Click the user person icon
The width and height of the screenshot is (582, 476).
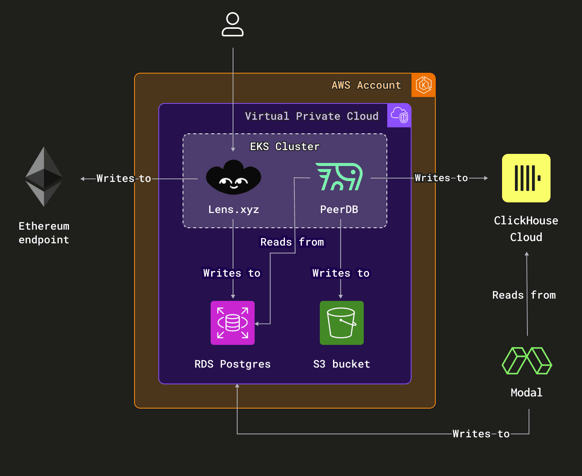coord(233,25)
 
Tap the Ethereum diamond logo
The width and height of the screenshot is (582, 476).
coord(44,177)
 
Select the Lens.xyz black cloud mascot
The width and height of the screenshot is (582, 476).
coord(233,177)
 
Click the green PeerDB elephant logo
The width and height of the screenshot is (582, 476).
coord(339,177)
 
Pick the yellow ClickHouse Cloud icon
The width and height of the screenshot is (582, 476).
coord(526,178)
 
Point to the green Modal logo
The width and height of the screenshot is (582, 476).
coord(527,361)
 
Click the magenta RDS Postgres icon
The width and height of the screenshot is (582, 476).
coord(233,323)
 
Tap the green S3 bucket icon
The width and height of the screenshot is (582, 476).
coord(341,323)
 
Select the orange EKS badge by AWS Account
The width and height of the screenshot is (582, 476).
coord(423,85)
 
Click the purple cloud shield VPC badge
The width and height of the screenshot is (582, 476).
coord(399,115)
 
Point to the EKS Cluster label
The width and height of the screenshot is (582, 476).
coord(285,147)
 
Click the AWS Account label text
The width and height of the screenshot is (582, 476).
coord(366,85)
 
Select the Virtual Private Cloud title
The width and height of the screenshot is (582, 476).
coord(311,116)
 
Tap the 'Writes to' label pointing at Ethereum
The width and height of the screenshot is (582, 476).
coord(124,178)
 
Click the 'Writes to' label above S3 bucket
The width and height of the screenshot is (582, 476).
coord(341,273)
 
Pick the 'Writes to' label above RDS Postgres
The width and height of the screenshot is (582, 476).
coord(232,273)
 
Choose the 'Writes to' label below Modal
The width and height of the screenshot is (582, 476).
coord(481,434)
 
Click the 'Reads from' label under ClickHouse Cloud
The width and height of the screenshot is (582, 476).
coord(524,295)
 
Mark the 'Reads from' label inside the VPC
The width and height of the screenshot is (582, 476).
coord(292,242)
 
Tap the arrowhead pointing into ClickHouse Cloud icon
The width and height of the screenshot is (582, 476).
coord(486,178)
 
